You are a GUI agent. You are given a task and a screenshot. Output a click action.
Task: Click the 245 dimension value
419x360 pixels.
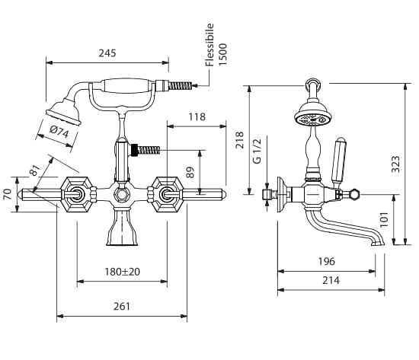click(107, 53)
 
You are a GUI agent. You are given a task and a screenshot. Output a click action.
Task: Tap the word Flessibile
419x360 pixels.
click(209, 45)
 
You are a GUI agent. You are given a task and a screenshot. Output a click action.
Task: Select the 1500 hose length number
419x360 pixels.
click(222, 54)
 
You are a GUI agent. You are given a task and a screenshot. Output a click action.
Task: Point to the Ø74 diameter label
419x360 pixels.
click(59, 132)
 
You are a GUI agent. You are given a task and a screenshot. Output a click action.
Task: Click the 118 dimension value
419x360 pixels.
click(197, 116)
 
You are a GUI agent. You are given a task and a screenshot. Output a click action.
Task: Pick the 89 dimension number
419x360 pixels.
click(190, 172)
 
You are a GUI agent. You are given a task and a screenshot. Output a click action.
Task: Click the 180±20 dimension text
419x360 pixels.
click(123, 272)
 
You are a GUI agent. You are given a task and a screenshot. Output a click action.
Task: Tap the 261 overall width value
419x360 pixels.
click(122, 306)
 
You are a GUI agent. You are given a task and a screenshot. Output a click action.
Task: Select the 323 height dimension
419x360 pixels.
click(395, 164)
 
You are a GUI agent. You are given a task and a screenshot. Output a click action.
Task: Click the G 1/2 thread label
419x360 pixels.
click(257, 151)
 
